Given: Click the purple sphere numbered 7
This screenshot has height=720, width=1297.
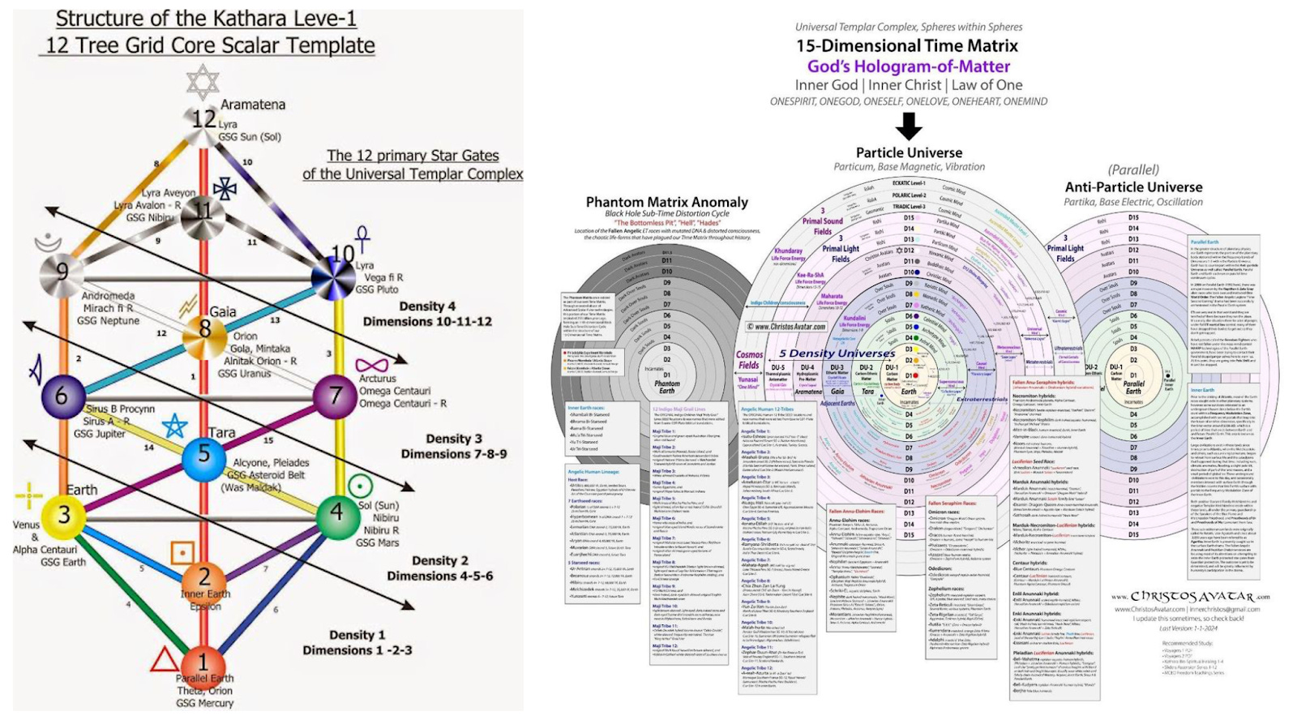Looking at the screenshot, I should (335, 396).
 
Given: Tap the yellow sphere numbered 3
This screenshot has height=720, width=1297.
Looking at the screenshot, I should (64, 515).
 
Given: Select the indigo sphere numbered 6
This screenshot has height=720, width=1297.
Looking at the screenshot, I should (62, 396).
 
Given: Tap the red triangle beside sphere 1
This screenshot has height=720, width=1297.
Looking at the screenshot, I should (165, 659).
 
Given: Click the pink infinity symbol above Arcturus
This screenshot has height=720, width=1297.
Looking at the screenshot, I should (372, 366).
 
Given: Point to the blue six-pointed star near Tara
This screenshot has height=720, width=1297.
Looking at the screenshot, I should (174, 426).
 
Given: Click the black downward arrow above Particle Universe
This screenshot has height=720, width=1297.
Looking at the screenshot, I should (909, 126).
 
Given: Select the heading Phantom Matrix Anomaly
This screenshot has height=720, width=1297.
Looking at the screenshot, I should (666, 202).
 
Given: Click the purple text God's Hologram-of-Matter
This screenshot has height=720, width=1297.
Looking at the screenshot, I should (908, 66).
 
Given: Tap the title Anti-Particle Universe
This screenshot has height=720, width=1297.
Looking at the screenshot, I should (1133, 186).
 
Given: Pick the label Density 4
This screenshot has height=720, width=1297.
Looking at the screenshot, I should (427, 306).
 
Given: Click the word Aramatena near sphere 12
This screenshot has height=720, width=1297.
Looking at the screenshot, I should (253, 105).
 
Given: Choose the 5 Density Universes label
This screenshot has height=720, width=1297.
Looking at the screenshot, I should (824, 354).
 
